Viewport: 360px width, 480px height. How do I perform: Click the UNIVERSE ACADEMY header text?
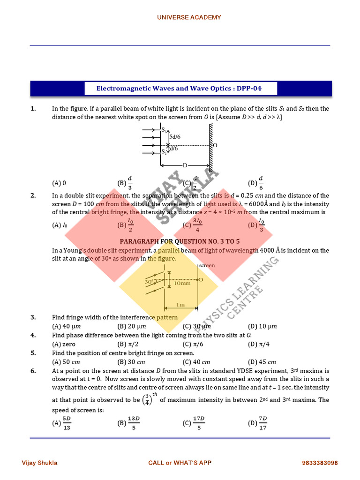[189, 17]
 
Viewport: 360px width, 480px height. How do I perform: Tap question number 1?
[33, 109]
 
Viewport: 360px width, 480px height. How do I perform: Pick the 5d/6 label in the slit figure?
[175, 136]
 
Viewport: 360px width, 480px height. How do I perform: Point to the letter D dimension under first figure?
[185, 165]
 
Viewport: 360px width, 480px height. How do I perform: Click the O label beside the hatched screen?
[215, 146]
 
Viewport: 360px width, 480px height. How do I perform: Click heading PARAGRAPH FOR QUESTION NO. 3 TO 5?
[180, 241]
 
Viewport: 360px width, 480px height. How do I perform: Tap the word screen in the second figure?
[207, 265]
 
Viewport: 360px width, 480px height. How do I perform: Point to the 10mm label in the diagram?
[182, 283]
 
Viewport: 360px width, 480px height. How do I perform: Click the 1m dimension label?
[180, 305]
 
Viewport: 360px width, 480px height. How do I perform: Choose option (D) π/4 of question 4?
[256, 344]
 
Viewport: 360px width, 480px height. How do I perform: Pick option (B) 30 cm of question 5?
[131, 362]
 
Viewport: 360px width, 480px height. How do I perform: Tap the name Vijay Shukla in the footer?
[40, 463]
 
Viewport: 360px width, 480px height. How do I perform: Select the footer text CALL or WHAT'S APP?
[180, 463]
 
